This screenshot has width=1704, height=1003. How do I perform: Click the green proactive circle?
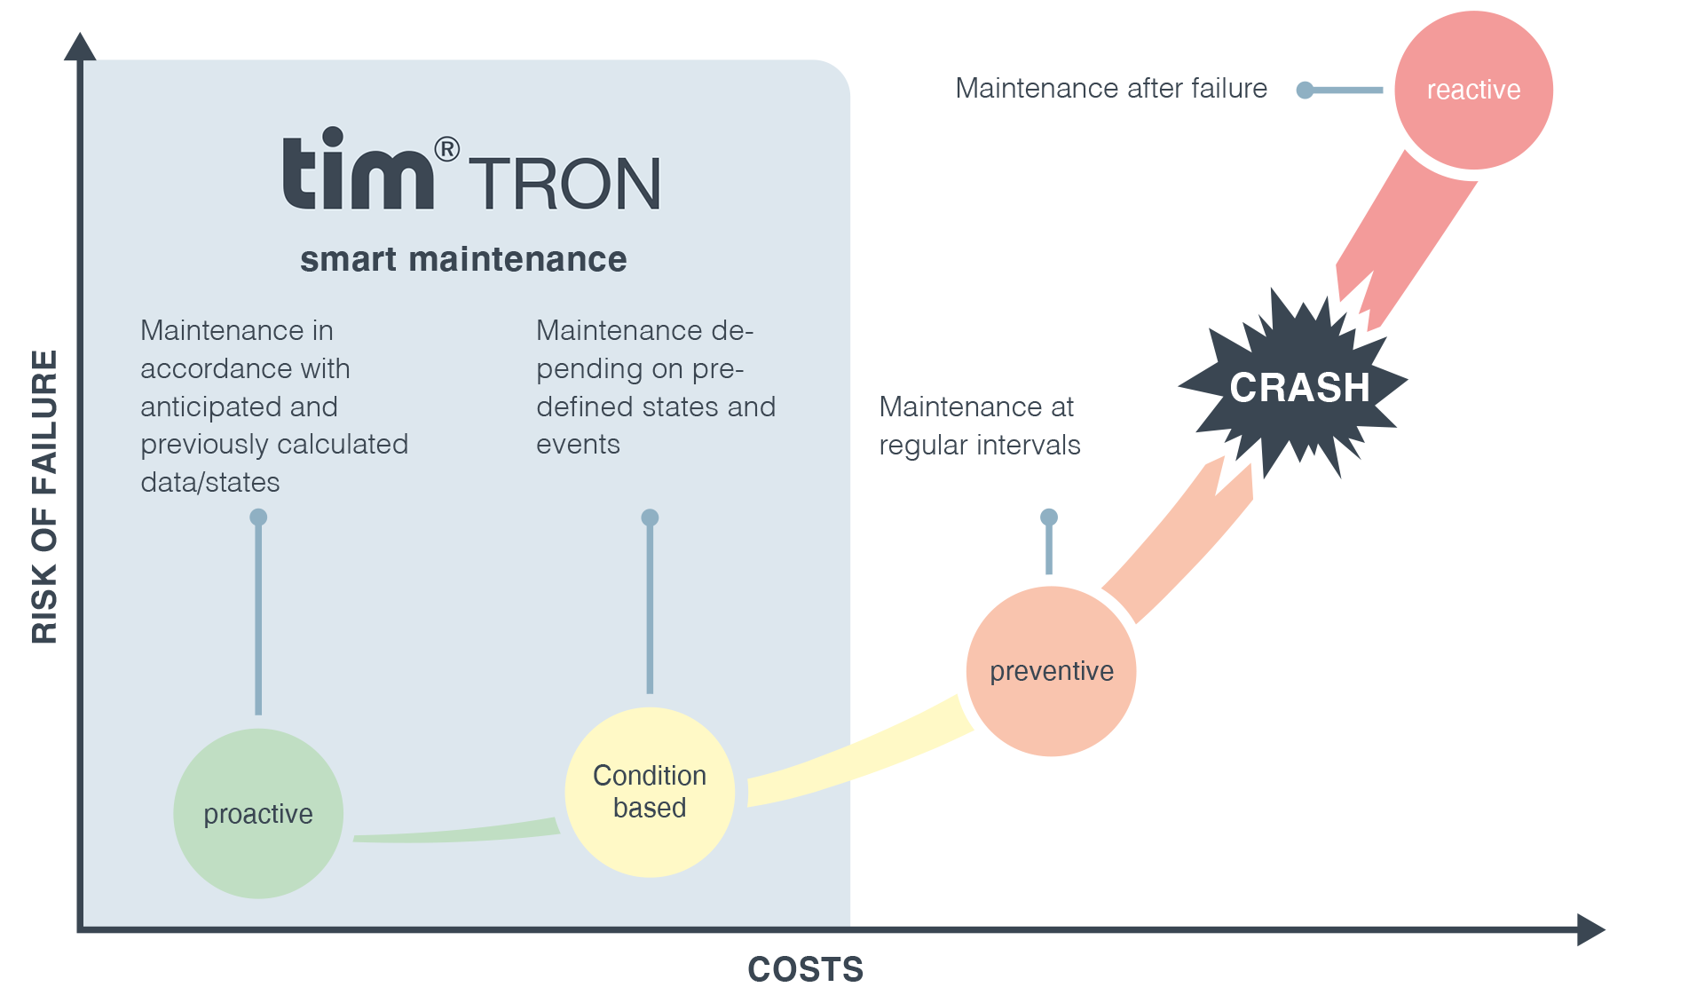click(258, 813)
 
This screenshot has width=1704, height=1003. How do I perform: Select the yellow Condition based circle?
click(650, 792)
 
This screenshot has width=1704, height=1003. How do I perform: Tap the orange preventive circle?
click(1051, 671)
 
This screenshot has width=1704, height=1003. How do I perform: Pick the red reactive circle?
click(1473, 90)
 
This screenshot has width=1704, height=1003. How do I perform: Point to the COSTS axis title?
click(805, 969)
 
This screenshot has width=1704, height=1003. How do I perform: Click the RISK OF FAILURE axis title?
click(44, 496)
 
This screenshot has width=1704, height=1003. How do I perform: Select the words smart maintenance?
click(463, 259)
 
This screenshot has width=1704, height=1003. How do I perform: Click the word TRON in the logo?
click(564, 184)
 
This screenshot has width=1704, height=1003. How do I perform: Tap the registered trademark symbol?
click(447, 148)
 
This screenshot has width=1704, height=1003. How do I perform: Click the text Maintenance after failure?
click(1111, 88)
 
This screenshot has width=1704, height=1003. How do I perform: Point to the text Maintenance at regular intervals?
click(979, 425)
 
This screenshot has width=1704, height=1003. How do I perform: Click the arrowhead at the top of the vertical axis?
click(80, 46)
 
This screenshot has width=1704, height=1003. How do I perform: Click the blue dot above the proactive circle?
click(258, 517)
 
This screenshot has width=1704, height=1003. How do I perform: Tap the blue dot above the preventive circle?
click(1049, 517)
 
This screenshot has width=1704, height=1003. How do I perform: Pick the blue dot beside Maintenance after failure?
click(1305, 90)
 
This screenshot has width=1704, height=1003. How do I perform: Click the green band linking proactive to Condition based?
click(457, 833)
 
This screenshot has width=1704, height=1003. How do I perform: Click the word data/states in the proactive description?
click(210, 482)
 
